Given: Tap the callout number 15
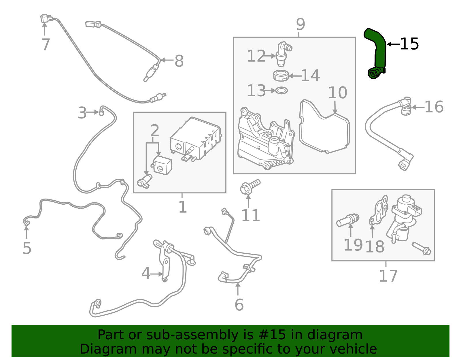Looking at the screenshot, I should tap(409, 44).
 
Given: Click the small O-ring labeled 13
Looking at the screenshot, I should tap(281, 91).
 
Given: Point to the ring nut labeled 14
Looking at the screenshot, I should tap(281, 76).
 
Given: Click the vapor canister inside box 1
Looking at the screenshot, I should tap(196, 138).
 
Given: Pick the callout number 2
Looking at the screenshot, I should tap(155, 131).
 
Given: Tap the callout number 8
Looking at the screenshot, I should tap(179, 61).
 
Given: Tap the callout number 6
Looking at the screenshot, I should tap(239, 305).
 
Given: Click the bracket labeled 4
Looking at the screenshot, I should tap(166, 265).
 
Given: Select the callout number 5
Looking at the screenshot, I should tap(27, 248).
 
